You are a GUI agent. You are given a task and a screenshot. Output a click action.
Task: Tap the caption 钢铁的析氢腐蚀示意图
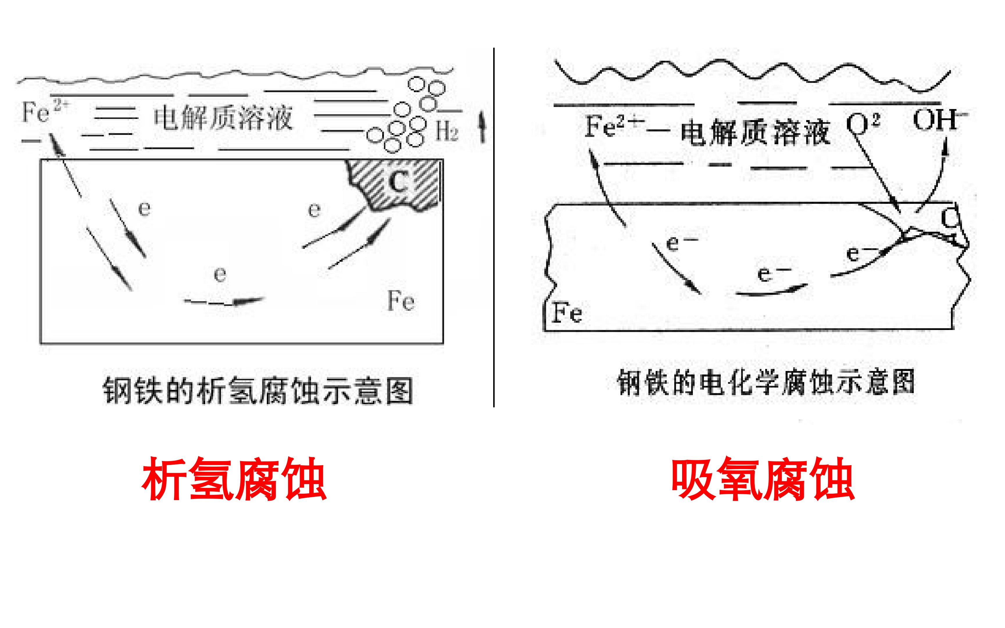click(x=258, y=390)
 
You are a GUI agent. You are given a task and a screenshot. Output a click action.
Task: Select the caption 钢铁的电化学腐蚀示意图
click(x=766, y=382)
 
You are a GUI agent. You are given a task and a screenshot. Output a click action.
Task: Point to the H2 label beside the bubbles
click(x=447, y=131)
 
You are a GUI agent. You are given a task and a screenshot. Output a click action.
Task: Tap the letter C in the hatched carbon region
click(x=398, y=181)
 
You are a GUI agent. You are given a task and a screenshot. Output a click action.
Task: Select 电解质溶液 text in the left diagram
click(x=223, y=118)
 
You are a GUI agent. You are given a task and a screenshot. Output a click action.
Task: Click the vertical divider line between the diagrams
click(x=493, y=228)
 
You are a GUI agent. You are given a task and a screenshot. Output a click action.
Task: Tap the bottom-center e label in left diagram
click(x=220, y=274)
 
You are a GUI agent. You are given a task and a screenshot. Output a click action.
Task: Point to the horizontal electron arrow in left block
click(x=224, y=301)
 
